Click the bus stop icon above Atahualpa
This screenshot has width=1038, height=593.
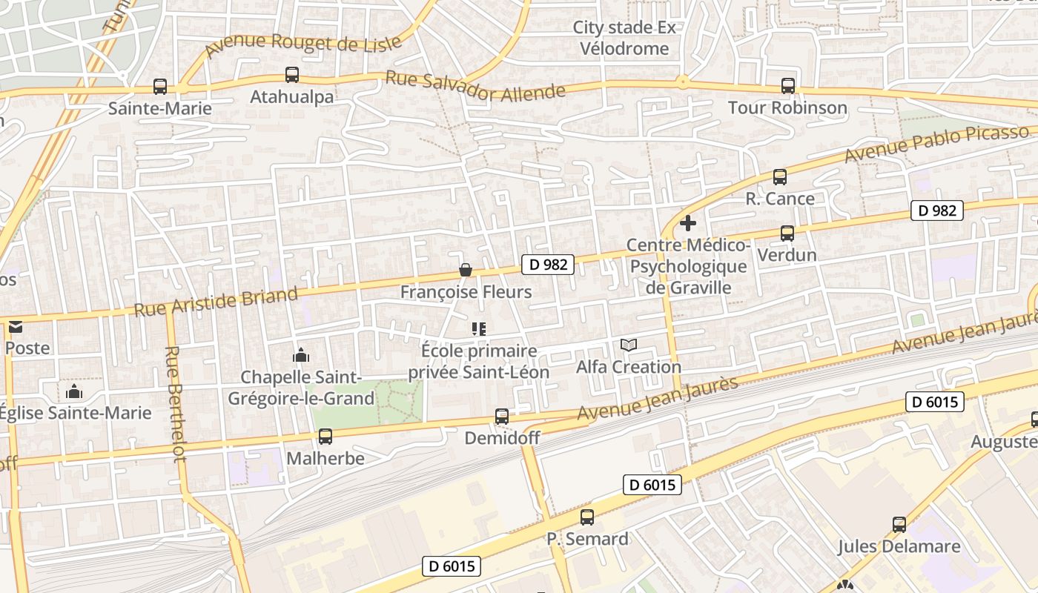pyautogui.click(x=292, y=75)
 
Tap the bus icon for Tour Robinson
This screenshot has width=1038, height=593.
pyautogui.click(x=787, y=86)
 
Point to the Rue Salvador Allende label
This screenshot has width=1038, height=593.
pyautogui.click(x=475, y=87)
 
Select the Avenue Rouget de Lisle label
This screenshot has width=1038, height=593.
pyautogui.click(x=304, y=44)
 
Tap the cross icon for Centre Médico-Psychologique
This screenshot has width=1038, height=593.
pyautogui.click(x=688, y=222)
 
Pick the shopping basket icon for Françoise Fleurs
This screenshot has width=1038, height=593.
pyautogui.click(x=466, y=270)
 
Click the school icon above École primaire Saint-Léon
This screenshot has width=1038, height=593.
pyautogui.click(x=478, y=328)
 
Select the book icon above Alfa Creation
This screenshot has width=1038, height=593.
pyautogui.click(x=629, y=345)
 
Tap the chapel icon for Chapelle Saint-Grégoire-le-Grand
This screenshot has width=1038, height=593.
pyautogui.click(x=300, y=355)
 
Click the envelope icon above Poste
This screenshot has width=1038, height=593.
pyautogui.click(x=15, y=326)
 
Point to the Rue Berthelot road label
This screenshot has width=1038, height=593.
pyautogui.click(x=176, y=404)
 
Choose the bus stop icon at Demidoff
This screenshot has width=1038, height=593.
pyautogui.click(x=502, y=417)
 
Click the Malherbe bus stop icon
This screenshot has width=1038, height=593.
pyautogui.click(x=325, y=437)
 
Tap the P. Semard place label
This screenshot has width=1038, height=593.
pyautogui.click(x=588, y=539)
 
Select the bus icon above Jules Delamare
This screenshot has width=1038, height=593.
pyautogui.click(x=899, y=525)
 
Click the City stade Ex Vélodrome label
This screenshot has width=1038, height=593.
pyautogui.click(x=624, y=38)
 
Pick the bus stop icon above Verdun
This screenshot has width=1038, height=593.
pyautogui.click(x=787, y=233)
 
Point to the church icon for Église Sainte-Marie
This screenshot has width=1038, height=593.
pyautogui.click(x=74, y=391)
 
